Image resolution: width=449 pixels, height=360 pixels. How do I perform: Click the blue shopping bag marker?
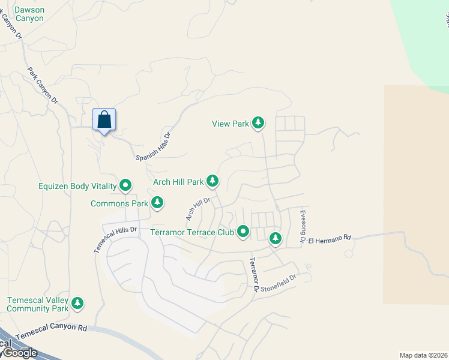click(x=104, y=119)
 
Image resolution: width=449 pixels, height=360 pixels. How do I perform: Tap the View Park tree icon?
click(x=258, y=123)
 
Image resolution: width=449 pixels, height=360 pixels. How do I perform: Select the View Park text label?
click(x=230, y=124)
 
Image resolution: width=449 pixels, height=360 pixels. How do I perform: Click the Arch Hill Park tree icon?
click(x=212, y=180)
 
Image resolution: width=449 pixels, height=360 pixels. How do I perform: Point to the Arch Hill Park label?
click(x=178, y=182)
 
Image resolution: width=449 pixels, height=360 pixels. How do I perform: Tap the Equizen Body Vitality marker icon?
click(x=125, y=185)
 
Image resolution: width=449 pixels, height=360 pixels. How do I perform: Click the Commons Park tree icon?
click(x=157, y=203)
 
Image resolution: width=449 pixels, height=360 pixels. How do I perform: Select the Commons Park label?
click(x=119, y=204)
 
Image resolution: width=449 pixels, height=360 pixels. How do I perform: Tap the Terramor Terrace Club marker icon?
click(x=243, y=230)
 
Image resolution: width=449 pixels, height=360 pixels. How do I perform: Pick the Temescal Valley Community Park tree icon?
click(x=77, y=303)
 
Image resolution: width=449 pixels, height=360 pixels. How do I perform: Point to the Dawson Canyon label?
click(x=29, y=14)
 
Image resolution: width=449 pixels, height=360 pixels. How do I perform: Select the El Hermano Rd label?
click(x=329, y=239)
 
